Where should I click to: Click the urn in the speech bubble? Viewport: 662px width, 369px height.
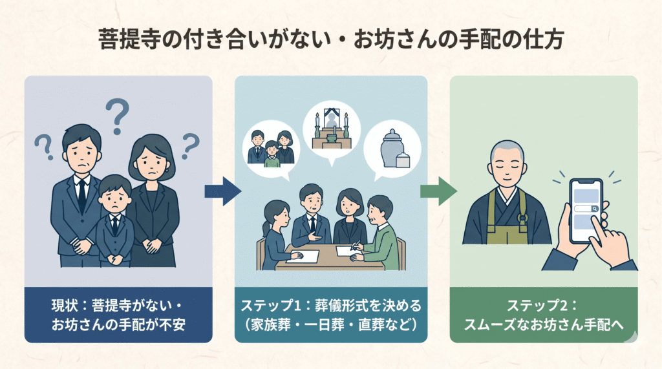(392, 149)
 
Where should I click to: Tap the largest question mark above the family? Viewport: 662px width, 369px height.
(118, 114)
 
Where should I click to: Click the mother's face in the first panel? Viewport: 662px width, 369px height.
(149, 164)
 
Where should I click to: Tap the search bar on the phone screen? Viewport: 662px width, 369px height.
(584, 209)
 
